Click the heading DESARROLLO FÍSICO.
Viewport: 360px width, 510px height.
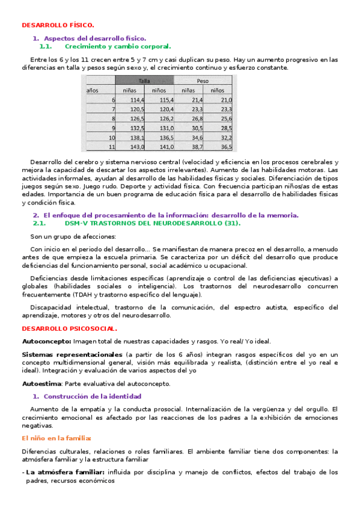pyautogui.click(x=58, y=25)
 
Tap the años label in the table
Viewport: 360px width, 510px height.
pyautogui.click(x=93, y=90)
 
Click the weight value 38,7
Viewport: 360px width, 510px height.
pyautogui.click(x=195, y=147)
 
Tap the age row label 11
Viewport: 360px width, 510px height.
pyautogui.click(x=111, y=147)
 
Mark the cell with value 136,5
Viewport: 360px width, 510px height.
pyautogui.click(x=166, y=138)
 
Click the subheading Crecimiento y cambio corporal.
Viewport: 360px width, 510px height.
pyautogui.click(x=117, y=46)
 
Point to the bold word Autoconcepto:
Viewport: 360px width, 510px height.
pyautogui.click(x=46, y=341)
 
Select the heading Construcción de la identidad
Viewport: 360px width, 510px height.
pyautogui.click(x=93, y=396)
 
